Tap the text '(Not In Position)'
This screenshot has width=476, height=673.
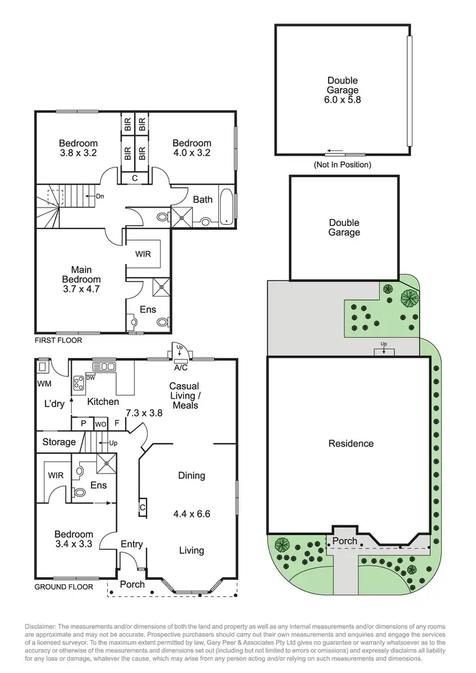(x=343, y=164)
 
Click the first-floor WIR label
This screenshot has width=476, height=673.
(x=143, y=254)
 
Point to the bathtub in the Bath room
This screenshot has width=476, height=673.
(x=226, y=206)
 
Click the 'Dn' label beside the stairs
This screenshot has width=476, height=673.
(x=100, y=196)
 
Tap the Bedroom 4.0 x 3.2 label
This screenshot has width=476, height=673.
(x=192, y=148)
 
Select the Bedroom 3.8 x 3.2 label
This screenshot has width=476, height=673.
(x=78, y=148)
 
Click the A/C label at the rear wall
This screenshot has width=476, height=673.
(x=180, y=367)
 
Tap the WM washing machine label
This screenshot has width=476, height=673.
(x=44, y=384)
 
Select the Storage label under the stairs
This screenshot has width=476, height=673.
(x=59, y=442)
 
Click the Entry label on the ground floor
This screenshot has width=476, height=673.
(x=131, y=544)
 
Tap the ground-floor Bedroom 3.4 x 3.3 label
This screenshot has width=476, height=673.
(x=74, y=540)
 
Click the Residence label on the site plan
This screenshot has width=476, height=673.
(x=351, y=443)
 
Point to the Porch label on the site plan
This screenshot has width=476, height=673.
(x=341, y=541)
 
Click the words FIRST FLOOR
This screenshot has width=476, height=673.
(x=59, y=340)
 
